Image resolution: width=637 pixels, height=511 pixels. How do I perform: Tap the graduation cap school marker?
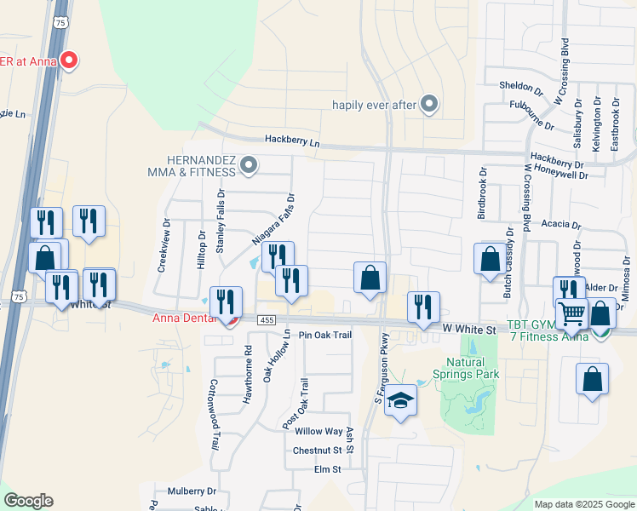[399, 400]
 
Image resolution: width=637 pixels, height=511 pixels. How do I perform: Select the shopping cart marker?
[571, 315]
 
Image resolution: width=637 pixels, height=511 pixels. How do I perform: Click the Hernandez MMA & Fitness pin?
[249, 164]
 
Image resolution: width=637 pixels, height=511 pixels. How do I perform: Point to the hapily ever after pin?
[429, 105]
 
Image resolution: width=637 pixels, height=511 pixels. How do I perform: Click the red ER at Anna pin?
[71, 60]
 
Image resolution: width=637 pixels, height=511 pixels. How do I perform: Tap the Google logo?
[28, 500]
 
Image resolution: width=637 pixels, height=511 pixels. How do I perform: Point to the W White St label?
[468, 329]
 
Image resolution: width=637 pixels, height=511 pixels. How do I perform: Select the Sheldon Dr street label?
[520, 87]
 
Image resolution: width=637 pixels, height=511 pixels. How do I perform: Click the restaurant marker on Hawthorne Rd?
[226, 302]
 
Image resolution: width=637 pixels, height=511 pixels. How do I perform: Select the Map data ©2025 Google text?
[583, 504]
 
